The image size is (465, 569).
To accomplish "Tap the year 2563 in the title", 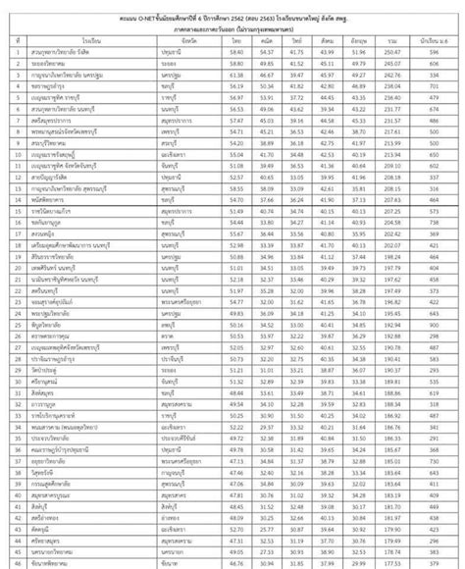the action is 271,9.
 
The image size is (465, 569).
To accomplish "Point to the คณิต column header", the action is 266,41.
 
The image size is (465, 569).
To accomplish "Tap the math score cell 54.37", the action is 266,52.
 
